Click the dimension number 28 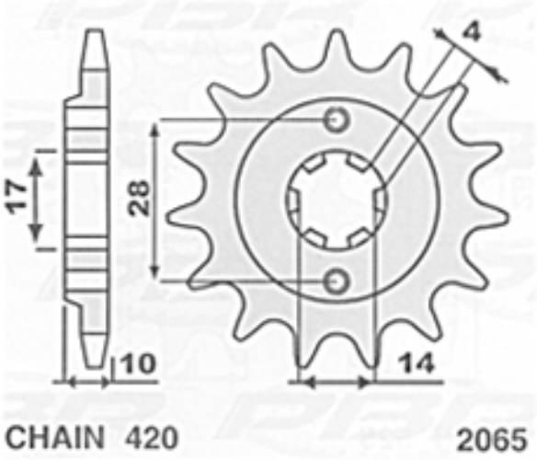[x=139, y=198]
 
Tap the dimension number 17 [x=17, y=198]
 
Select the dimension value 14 [x=417, y=363]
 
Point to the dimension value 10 [x=139, y=363]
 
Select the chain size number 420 [x=153, y=437]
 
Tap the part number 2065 [x=492, y=440]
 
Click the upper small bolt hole [x=337, y=120]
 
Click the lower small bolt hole [x=337, y=282]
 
